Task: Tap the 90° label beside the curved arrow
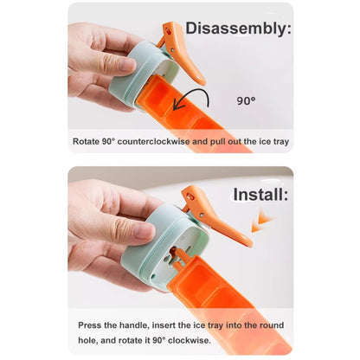pyautogui.click(x=246, y=100)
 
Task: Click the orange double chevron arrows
pyautogui.click(x=262, y=221)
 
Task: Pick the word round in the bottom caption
pyautogui.click(x=272, y=325)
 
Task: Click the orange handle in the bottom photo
pyautogui.click(x=215, y=214)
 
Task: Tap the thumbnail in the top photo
pyautogui.click(x=127, y=65)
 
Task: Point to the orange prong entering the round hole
pyautogui.click(x=179, y=256)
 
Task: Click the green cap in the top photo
pyautogui.click(x=138, y=75)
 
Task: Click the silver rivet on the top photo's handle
pyautogui.click(x=172, y=49)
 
